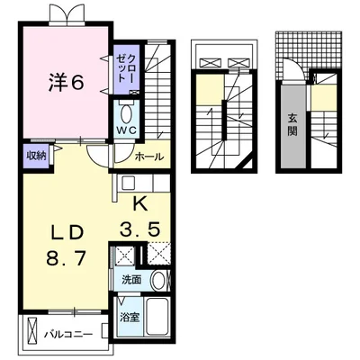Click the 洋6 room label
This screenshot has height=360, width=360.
(x=66, y=82)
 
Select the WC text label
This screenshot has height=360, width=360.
(x=127, y=130)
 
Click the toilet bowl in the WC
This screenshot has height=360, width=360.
(x=126, y=113)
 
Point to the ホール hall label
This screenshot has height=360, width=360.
(x=149, y=157)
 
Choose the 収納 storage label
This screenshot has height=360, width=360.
(x=37, y=156)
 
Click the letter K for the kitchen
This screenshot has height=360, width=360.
(x=140, y=205)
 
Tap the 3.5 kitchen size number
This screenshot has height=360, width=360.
(x=139, y=230)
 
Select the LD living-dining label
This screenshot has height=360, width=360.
(x=67, y=233)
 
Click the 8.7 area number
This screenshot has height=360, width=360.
(x=66, y=257)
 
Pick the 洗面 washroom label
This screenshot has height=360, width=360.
(x=131, y=280)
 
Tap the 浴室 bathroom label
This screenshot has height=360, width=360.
(x=130, y=318)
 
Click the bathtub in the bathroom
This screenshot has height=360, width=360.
(x=156, y=318)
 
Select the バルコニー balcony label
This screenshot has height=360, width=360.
(x=68, y=334)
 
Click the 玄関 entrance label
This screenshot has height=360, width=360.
(x=292, y=125)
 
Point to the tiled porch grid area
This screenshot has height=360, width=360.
(x=309, y=51)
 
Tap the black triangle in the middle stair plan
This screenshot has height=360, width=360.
(x=247, y=165)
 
